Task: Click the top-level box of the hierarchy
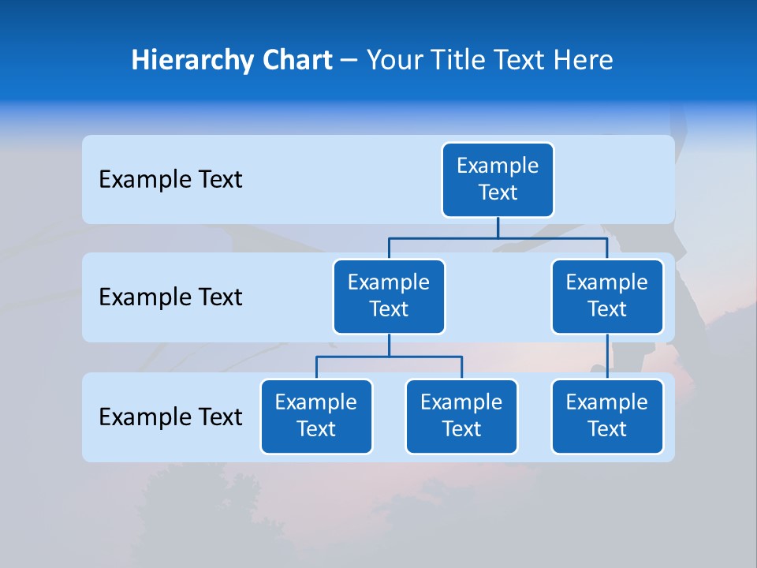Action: tap(498, 180)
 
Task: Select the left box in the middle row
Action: tap(389, 297)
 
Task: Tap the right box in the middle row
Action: tap(607, 297)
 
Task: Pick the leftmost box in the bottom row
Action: tap(316, 417)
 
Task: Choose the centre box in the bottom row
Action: tap(461, 417)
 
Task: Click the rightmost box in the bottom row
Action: tap(607, 417)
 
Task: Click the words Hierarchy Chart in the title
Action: tap(232, 60)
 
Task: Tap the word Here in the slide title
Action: tap(583, 60)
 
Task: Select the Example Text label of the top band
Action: tap(170, 180)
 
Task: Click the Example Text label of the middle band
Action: tap(170, 297)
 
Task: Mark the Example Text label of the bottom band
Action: tap(170, 417)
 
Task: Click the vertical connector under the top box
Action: tap(498, 227)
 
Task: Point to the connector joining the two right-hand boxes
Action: tap(607, 357)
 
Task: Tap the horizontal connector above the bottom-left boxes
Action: tap(389, 357)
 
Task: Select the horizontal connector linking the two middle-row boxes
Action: tap(498, 237)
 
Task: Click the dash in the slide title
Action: tap(349, 61)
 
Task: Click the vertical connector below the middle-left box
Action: tap(389, 345)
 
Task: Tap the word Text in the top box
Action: tap(498, 192)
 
